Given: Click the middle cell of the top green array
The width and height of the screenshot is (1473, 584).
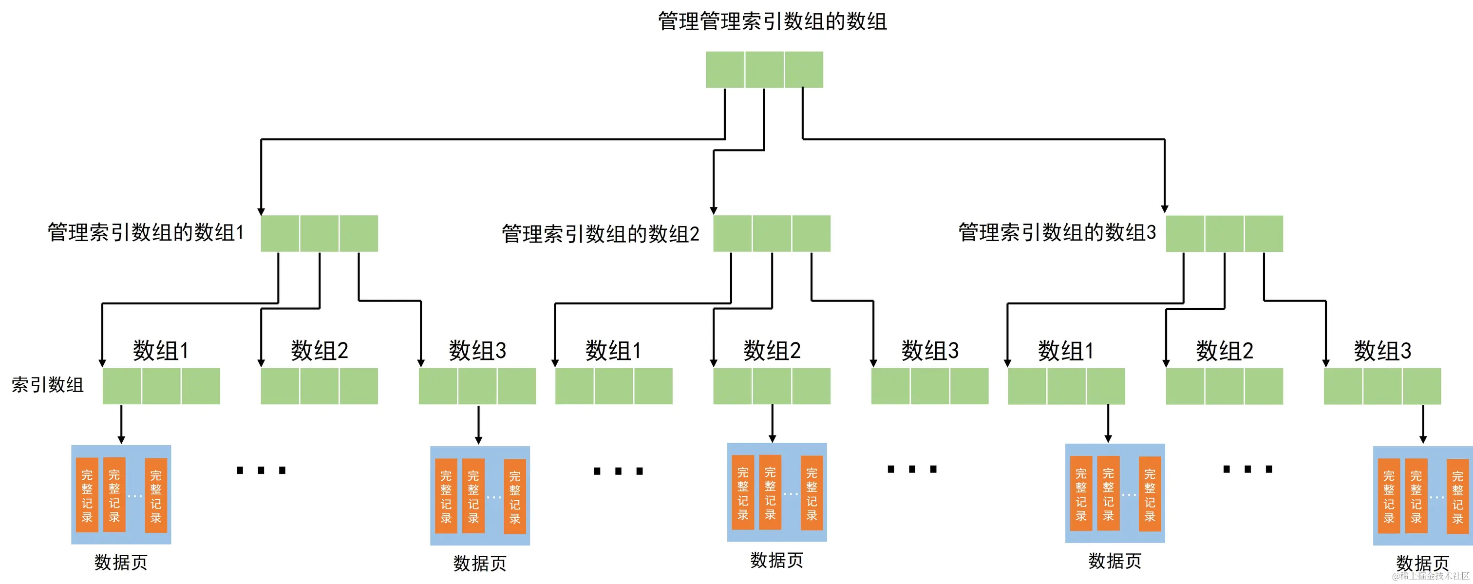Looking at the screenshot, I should click(x=765, y=69).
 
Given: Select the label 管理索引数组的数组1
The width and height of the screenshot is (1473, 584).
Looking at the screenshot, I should click(x=146, y=233).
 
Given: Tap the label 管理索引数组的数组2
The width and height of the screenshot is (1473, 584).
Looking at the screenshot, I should click(x=601, y=234).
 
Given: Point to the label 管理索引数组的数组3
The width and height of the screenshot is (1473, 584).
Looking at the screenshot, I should click(x=1057, y=233).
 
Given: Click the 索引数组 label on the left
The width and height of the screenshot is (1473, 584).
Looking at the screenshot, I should click(x=47, y=385).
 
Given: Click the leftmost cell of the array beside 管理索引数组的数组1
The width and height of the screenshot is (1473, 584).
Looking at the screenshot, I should click(x=280, y=233).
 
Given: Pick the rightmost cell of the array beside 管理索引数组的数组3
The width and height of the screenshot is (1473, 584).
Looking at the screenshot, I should click(x=1264, y=233).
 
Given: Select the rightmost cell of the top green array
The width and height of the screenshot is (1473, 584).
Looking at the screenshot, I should click(x=804, y=69).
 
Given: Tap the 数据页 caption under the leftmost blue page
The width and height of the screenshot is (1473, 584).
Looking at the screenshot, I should click(x=121, y=562).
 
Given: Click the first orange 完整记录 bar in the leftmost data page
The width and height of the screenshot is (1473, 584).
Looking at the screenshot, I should click(x=87, y=495).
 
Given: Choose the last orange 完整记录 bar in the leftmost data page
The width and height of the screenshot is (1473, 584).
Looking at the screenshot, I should click(x=155, y=495).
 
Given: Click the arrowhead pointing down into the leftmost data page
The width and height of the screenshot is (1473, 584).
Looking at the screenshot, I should click(x=121, y=439).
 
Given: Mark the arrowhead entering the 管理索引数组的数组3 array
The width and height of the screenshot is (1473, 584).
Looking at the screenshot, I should click(x=1165, y=209).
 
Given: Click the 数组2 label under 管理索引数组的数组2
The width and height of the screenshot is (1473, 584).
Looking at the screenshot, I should click(x=772, y=351).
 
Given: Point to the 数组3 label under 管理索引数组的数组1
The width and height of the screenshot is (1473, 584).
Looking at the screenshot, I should click(x=477, y=351).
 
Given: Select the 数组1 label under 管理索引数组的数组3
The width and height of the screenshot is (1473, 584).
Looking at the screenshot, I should click(x=1066, y=351).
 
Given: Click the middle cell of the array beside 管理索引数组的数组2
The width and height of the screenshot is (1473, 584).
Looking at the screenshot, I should click(x=772, y=233).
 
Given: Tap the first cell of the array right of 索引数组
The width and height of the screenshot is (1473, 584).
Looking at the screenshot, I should click(x=122, y=386).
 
